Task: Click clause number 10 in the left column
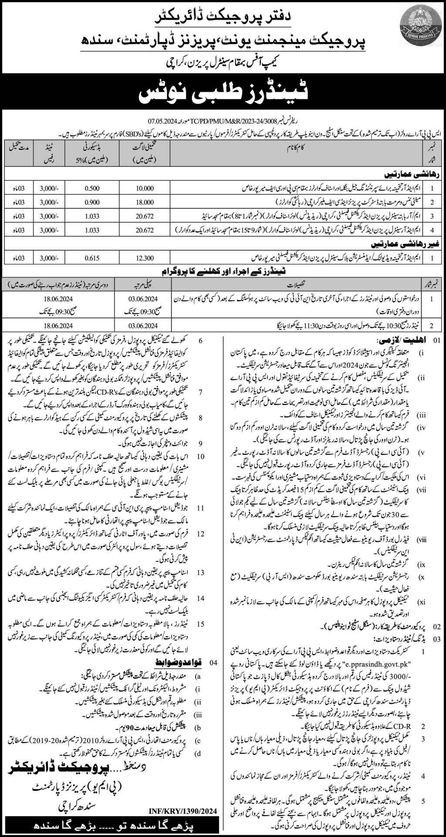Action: [x=201, y=456]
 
